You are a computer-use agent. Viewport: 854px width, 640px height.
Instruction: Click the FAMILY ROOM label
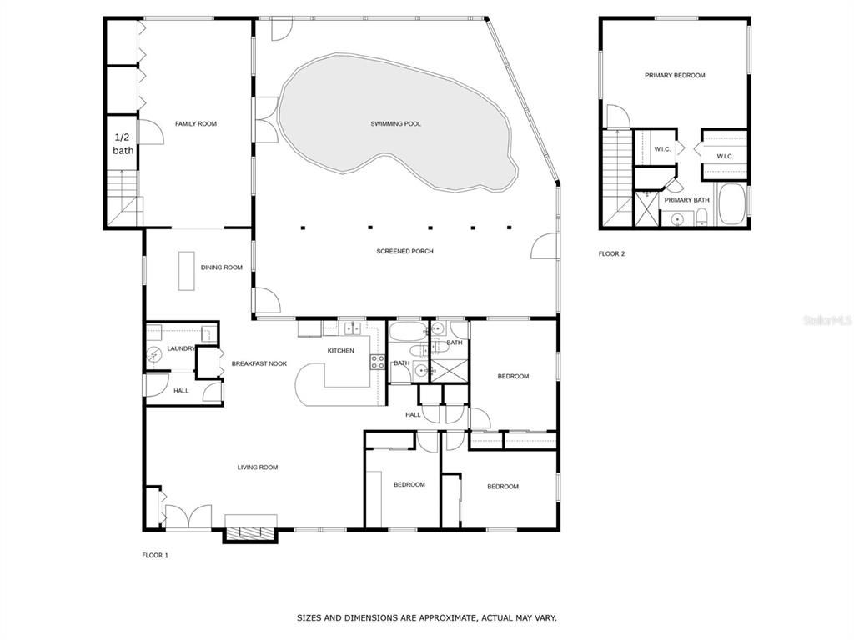point(195,124)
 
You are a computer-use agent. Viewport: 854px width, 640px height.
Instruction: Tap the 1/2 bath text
point(123,143)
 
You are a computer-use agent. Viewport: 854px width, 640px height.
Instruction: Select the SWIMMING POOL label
point(395,124)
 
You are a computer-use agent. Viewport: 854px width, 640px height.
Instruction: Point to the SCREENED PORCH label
point(404,251)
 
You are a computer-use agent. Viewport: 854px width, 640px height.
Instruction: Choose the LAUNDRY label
point(180,348)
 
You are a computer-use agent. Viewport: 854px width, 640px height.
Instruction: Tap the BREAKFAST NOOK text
point(259,363)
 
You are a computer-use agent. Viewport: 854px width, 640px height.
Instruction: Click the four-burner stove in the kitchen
point(377,362)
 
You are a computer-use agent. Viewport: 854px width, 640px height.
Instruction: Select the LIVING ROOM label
point(257,467)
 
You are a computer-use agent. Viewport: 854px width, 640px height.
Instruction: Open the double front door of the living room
point(188,518)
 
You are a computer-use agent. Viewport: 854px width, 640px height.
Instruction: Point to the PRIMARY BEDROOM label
point(674,76)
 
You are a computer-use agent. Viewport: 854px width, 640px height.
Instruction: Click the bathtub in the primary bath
point(732,205)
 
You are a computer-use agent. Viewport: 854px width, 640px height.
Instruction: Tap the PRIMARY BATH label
point(686,200)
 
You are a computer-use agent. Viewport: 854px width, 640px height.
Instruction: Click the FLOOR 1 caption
point(154,555)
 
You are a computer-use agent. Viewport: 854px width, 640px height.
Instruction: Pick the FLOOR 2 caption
point(610,254)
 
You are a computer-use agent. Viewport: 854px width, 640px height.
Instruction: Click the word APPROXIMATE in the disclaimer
point(449,618)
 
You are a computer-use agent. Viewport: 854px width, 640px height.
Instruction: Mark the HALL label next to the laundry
point(181,390)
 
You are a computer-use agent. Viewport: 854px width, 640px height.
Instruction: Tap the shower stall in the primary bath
point(646,209)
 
